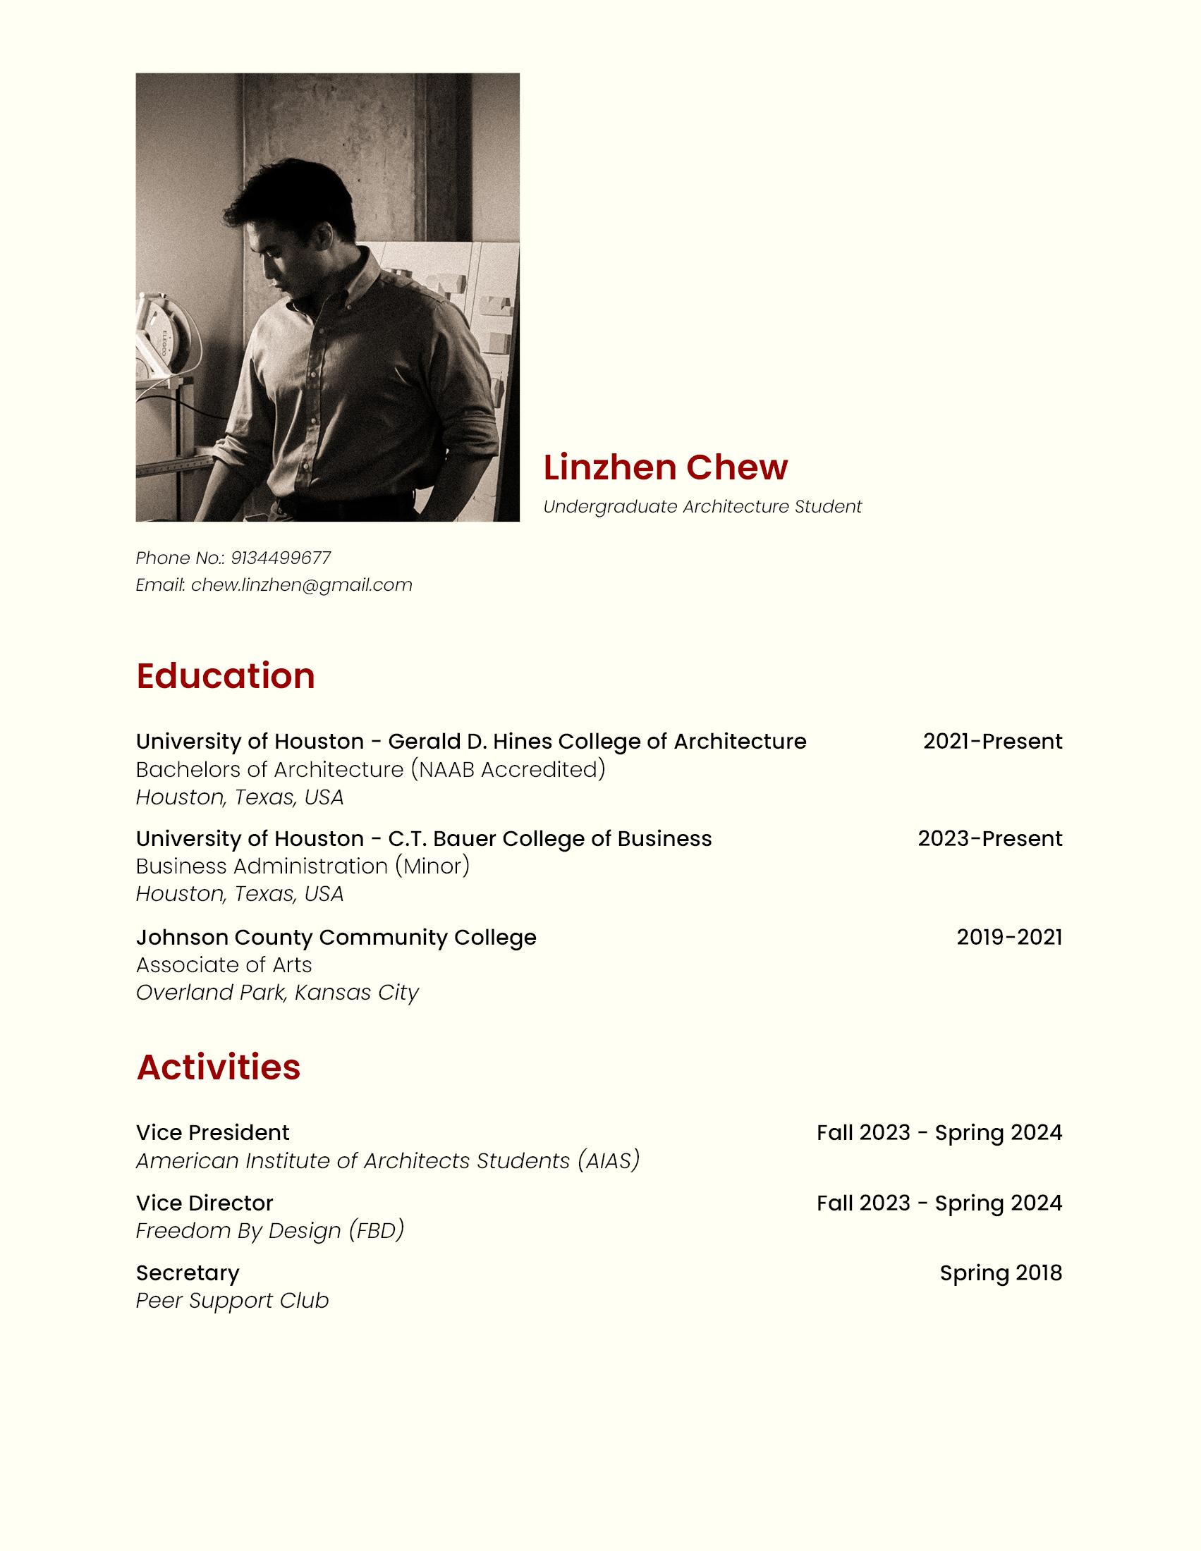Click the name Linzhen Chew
(x=665, y=467)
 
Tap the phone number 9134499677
(x=281, y=558)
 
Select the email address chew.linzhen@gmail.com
(x=302, y=585)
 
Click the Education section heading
(x=225, y=675)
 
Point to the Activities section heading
(x=218, y=1067)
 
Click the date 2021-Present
(x=992, y=742)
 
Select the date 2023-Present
(x=989, y=839)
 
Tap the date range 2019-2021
(x=1008, y=938)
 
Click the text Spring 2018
(x=1000, y=1273)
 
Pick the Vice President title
(x=212, y=1133)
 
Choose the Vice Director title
(x=205, y=1203)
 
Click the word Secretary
(x=188, y=1273)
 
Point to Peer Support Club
(x=232, y=1301)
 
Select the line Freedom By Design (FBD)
(x=270, y=1231)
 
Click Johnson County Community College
(x=336, y=938)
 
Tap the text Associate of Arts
(x=224, y=965)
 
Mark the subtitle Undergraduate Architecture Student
(x=702, y=507)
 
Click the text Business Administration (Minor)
(x=303, y=866)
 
